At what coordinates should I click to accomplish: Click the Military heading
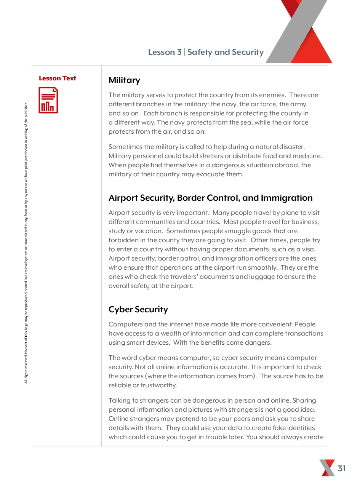[x=124, y=80]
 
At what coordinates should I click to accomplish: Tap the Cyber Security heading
[x=138, y=310]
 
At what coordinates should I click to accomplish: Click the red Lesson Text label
[x=58, y=78]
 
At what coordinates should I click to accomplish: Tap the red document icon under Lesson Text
[x=48, y=100]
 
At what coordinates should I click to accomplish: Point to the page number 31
[x=342, y=468]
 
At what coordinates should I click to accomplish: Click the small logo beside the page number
[x=327, y=468]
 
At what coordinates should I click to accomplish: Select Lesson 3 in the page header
[x=165, y=53]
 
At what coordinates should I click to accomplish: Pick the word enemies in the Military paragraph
[x=271, y=95]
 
